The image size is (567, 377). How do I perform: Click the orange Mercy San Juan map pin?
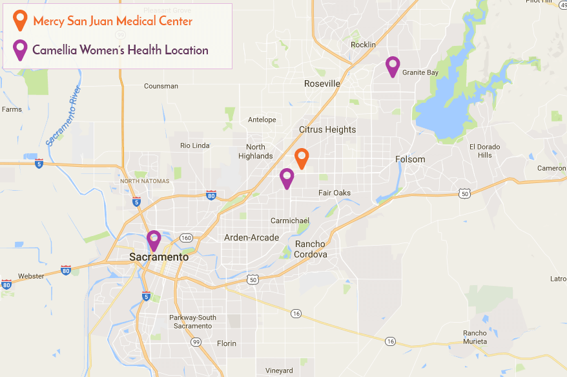(x=301, y=158)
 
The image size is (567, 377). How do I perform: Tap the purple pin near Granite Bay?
(x=392, y=66)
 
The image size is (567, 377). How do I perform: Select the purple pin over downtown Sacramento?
(x=154, y=240)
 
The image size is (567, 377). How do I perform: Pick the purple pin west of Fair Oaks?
(x=287, y=177)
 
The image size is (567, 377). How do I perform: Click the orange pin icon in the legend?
(x=21, y=20)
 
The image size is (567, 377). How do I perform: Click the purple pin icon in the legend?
(x=21, y=49)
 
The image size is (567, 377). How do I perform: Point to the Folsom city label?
(x=410, y=159)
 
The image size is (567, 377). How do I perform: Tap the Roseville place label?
(x=322, y=84)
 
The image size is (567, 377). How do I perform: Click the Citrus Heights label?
(x=327, y=129)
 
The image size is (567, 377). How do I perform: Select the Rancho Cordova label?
(x=311, y=249)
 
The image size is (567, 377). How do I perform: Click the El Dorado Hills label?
(x=484, y=151)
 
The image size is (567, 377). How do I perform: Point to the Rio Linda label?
(x=194, y=145)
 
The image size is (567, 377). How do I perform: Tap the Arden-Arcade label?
(x=251, y=237)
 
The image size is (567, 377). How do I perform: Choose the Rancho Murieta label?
(x=475, y=337)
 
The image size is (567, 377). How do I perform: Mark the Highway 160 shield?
(x=186, y=238)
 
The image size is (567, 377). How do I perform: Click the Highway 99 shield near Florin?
(x=196, y=343)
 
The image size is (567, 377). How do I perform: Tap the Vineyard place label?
(x=279, y=371)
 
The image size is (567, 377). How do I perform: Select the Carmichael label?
(x=290, y=221)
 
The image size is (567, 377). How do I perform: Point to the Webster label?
(x=31, y=276)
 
